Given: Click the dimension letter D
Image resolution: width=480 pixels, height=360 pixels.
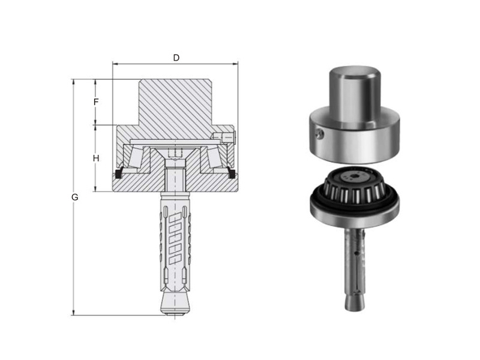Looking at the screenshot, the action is [x=176, y=58].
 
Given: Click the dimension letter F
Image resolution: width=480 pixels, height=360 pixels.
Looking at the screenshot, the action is [x=96, y=102].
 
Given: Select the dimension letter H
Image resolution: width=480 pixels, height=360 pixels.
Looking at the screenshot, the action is [x=96, y=158].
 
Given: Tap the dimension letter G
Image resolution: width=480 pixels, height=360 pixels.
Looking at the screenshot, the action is [x=74, y=197].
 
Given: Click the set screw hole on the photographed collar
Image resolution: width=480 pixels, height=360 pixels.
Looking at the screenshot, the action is [x=320, y=133].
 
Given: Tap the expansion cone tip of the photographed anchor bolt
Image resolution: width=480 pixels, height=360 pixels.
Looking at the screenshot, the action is [x=355, y=302].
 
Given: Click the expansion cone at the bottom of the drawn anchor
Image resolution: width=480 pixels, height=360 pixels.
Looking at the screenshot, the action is [x=175, y=302].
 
